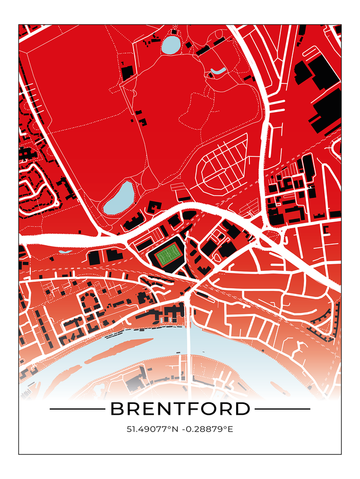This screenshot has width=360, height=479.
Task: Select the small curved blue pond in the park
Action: coord(218,70)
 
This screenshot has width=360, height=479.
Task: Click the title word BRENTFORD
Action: coord(180,409)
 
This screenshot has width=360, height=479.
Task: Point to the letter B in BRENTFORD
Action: coord(117,409)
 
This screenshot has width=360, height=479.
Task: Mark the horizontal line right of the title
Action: coord(283,409)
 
